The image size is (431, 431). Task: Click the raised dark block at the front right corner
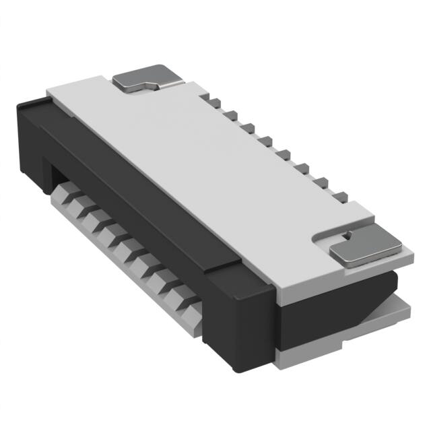pos(239,317)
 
